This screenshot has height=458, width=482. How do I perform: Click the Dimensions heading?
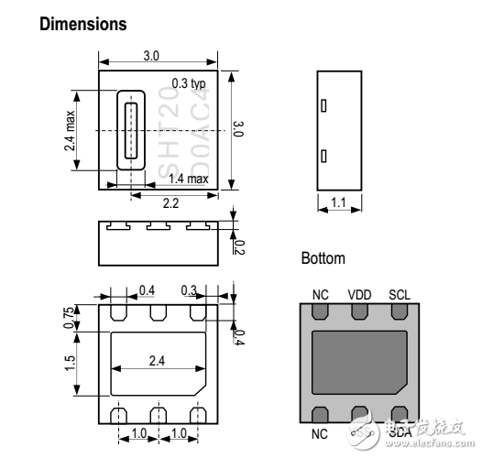(83, 25)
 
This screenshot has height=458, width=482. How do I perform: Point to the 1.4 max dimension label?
(190, 179)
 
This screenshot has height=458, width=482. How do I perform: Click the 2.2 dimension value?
(170, 202)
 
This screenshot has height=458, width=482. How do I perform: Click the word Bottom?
(323, 259)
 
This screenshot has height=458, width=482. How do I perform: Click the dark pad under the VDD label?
(358, 311)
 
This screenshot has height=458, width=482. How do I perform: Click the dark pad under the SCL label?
(399, 311)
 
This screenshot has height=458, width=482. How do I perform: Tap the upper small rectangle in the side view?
(323, 105)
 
